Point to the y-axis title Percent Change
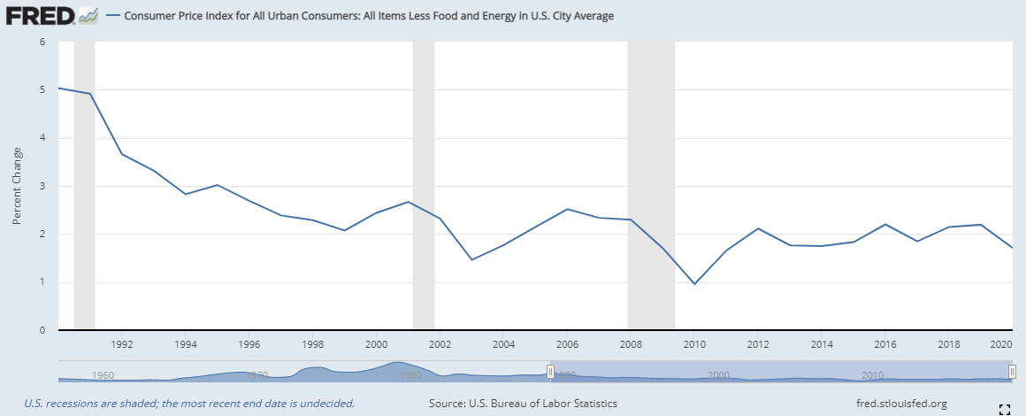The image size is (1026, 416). click(17, 187)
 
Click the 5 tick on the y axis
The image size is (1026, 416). click(42, 89)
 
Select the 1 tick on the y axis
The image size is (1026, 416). click(42, 282)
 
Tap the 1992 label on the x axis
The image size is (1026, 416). click(122, 343)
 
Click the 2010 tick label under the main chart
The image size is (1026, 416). click(694, 343)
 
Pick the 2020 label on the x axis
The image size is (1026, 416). click(1000, 343)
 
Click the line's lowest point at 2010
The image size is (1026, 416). click(694, 284)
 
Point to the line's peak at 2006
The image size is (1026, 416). click(567, 209)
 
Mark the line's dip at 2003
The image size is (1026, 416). click(471, 259)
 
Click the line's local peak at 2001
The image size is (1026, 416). click(408, 202)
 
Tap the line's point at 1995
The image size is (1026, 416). click(218, 185)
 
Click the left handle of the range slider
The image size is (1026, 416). click(550, 373)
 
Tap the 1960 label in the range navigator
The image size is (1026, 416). click(103, 375)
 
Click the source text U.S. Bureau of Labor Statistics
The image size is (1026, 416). click(523, 404)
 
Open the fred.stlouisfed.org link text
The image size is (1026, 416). click(902, 404)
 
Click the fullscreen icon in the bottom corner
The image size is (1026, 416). click(1004, 408)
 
